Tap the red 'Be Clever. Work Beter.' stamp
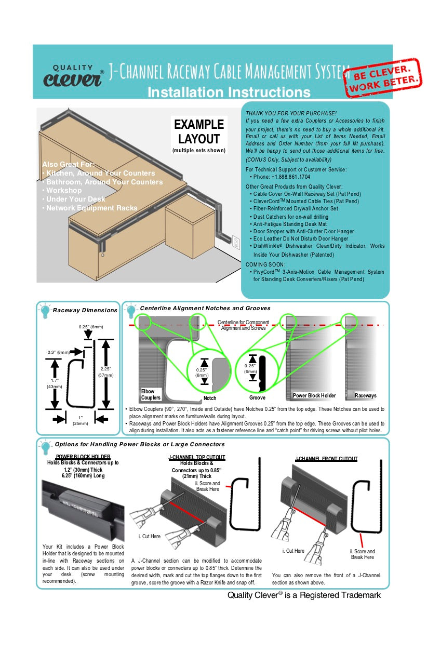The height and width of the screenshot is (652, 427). tap(384, 78)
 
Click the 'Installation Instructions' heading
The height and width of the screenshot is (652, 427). tap(229, 92)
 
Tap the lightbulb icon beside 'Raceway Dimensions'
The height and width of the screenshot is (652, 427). tap(46, 311)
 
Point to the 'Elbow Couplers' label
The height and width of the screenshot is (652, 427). tap(151, 394)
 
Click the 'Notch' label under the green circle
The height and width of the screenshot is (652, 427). tap(210, 398)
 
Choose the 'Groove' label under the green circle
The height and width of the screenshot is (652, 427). tap(257, 398)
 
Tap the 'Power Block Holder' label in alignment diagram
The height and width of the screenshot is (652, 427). tap(314, 395)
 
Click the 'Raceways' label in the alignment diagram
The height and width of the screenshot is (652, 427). tap(365, 395)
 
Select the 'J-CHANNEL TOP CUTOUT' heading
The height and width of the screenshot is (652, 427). tap(197, 457)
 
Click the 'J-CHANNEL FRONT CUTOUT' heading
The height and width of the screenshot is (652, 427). tap(326, 459)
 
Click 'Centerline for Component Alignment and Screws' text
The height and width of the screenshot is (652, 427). tap(243, 325)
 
